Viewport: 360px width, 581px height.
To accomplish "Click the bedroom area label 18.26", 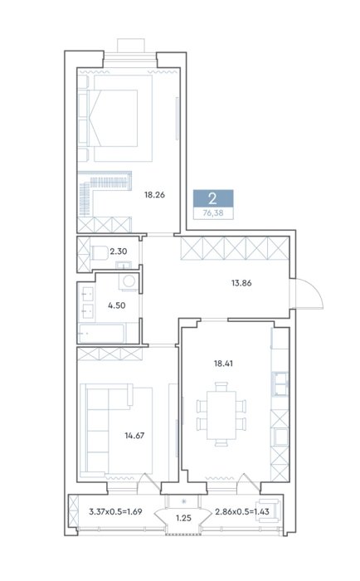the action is click(154, 194).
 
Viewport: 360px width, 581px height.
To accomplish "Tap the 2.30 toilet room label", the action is click(118, 251).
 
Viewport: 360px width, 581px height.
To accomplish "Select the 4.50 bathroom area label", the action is click(117, 305).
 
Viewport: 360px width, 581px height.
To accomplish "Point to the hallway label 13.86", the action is click(241, 283).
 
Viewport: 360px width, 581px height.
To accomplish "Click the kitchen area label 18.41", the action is click(223, 364).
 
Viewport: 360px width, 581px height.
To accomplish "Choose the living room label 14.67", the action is click(134, 436).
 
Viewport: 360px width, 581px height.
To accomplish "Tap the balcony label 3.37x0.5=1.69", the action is click(115, 512).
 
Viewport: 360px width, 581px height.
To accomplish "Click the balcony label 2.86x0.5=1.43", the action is click(242, 512).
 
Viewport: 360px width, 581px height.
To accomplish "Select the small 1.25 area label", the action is click(183, 518).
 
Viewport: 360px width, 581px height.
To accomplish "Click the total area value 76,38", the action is click(213, 213).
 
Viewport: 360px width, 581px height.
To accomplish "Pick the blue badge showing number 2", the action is click(213, 199).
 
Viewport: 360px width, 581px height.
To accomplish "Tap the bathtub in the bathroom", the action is click(101, 334).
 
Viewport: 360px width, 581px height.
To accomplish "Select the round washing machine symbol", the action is click(129, 281).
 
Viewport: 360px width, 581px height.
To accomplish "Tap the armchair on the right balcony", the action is click(270, 510).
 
